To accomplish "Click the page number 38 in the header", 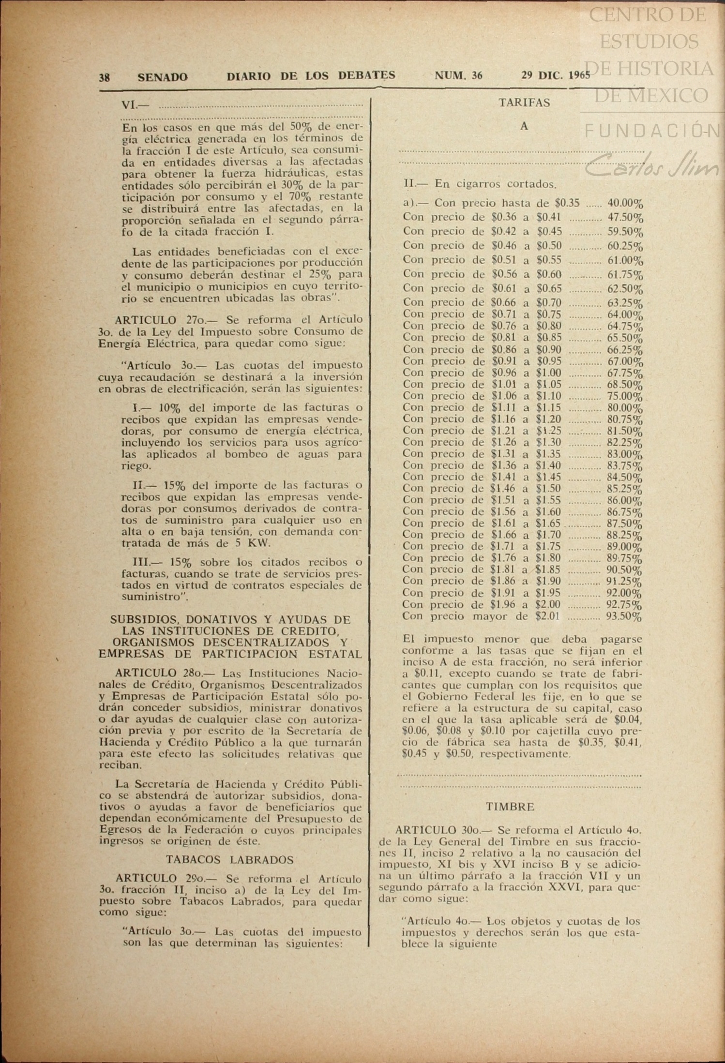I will tap(105, 77).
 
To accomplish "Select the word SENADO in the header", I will tap(163, 77).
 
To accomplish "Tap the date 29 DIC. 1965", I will tap(556, 75).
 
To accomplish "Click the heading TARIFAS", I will tap(525, 103).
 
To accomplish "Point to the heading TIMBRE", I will tap(510, 807).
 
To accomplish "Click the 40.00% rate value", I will tap(625, 204).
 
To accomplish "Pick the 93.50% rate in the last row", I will tap(624, 617).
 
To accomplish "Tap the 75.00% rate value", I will tap(625, 397).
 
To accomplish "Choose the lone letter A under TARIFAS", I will tap(524, 126).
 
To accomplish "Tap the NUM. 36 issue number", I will tap(458, 75).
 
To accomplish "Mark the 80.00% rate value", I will tap(625, 408).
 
